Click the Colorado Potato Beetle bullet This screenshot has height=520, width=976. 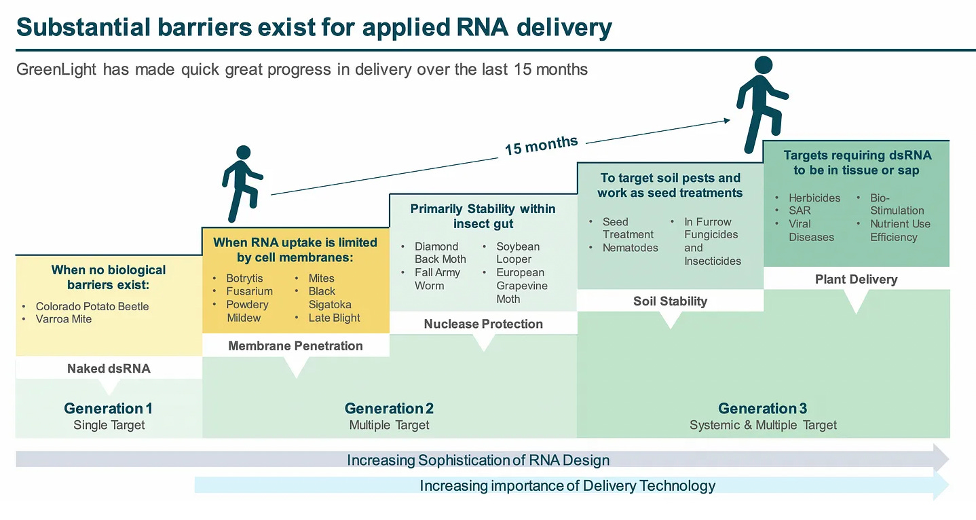92,306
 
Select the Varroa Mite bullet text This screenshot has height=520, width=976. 64,319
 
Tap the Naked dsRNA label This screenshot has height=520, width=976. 109,369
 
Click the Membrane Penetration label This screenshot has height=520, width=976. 295,346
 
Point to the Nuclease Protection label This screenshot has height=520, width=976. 483,324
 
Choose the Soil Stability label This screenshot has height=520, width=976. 670,301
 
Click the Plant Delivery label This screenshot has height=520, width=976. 856,279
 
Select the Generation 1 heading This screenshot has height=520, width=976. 109,409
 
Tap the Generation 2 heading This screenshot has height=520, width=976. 389,409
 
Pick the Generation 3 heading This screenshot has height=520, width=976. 763,409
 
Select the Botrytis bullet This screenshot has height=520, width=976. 244,278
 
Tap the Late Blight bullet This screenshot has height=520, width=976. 334,318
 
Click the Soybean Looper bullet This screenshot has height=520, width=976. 518,253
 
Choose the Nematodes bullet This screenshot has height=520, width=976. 630,248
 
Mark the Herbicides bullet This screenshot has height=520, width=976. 814,198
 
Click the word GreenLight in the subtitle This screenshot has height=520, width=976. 56,70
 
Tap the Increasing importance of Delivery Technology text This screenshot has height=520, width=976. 567,486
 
